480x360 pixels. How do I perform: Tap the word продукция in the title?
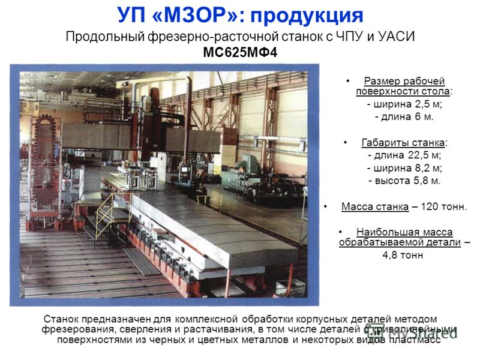click(x=307, y=16)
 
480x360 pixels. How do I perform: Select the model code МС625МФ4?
click(x=240, y=53)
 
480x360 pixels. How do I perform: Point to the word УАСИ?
click(x=397, y=37)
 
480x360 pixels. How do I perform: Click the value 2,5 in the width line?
click(x=422, y=104)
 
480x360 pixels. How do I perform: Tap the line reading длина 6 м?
click(x=404, y=117)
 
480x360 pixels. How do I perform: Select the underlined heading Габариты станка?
click(x=403, y=143)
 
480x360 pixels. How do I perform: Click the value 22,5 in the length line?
click(x=418, y=155)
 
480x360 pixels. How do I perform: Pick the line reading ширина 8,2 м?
click(x=404, y=168)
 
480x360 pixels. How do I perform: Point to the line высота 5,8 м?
click(x=404, y=181)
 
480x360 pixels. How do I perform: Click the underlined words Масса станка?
click(x=375, y=206)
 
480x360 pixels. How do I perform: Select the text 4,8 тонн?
click(x=403, y=255)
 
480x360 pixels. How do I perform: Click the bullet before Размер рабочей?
click(x=348, y=81)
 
